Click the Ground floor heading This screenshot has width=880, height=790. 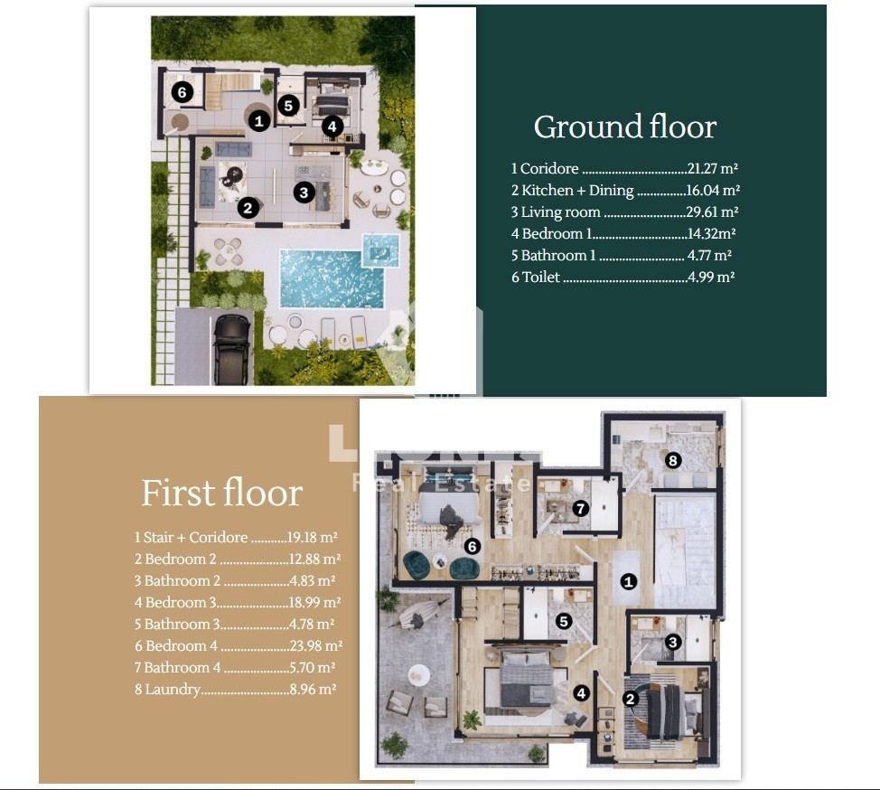[x=624, y=127]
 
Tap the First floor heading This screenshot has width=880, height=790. [x=221, y=493]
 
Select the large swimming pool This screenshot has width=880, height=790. [x=331, y=279]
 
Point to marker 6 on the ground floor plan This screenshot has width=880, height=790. [x=182, y=91]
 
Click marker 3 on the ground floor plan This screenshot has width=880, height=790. [x=304, y=193]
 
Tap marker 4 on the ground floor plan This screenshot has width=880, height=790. [x=332, y=127]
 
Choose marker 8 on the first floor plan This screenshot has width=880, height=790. [x=672, y=460]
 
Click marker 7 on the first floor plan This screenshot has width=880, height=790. [x=580, y=509]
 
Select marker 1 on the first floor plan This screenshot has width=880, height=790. [x=629, y=582]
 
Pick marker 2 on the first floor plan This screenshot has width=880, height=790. [x=631, y=699]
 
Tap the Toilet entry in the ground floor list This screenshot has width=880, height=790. [x=536, y=277]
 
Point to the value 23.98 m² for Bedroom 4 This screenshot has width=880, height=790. [x=316, y=646]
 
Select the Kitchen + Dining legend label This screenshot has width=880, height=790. [x=573, y=191]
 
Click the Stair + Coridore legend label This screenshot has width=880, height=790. [x=191, y=537]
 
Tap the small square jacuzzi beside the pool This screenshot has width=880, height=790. [x=381, y=250]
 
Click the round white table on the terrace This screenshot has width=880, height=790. [x=418, y=674]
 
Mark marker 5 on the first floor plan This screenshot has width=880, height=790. [x=564, y=621]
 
